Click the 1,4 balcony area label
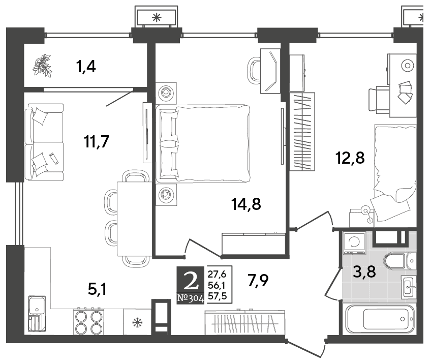click(86, 67)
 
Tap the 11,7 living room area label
click(97, 142)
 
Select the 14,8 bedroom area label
click(246, 204)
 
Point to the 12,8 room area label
click(350, 158)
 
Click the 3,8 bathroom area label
click(364, 272)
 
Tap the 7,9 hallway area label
click(258, 281)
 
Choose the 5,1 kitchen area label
click(97, 289)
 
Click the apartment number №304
click(191, 298)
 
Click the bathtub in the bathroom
click(380, 319)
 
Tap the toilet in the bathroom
click(396, 261)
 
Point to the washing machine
click(355, 242)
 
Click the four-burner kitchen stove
click(89, 322)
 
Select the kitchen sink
click(37, 314)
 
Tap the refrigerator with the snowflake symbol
click(137, 322)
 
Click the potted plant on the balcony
click(42, 66)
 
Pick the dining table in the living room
click(134, 219)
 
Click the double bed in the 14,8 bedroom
click(203, 143)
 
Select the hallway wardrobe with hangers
click(245, 322)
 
